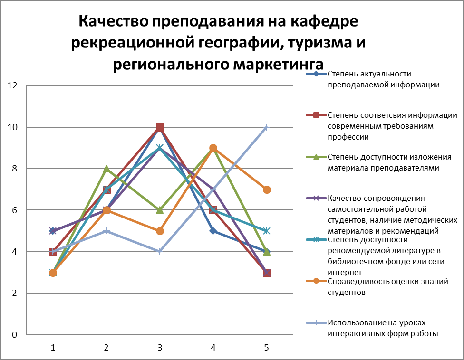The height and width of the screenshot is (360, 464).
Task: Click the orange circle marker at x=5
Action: (267, 189)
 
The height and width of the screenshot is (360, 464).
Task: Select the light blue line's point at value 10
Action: (267, 127)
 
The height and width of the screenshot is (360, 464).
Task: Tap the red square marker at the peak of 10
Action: (160, 127)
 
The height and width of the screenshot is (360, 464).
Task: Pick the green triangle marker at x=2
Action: (106, 169)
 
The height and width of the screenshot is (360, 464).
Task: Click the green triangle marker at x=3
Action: (160, 210)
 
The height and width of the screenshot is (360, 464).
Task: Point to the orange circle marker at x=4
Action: (213, 148)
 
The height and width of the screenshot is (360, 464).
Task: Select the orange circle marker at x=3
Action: (160, 231)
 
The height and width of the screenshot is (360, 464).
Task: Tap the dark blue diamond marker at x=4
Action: (213, 231)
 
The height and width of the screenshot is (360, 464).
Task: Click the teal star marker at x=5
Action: (267, 231)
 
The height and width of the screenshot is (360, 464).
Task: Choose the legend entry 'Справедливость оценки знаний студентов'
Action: (377, 287)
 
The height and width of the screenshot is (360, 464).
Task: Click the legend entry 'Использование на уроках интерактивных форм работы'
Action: (372, 328)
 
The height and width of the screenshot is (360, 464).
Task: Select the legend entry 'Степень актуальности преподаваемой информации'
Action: (373, 79)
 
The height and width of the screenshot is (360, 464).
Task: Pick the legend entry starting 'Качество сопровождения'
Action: (382, 215)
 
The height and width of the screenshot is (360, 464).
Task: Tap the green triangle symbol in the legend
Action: (316, 157)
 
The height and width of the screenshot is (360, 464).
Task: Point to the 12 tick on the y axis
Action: (12, 85)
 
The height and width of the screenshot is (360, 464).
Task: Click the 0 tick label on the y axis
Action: (14, 335)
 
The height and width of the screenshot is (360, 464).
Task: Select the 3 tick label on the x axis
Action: (160, 348)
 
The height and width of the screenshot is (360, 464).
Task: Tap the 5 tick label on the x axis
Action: (267, 348)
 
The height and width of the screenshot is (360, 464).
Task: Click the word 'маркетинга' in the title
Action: (278, 65)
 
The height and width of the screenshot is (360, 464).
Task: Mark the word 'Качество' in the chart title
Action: (114, 21)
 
